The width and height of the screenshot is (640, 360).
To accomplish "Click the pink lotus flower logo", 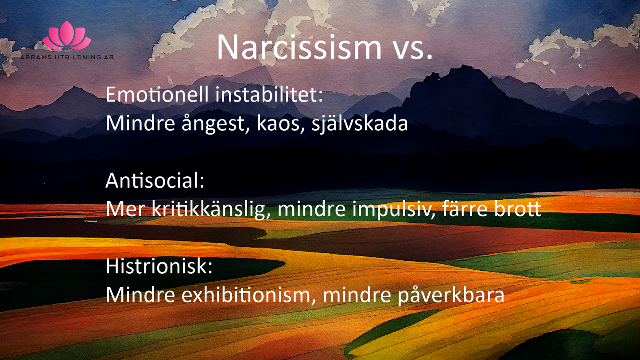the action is click(67, 35).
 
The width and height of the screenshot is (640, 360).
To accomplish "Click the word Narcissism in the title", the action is click(299, 46).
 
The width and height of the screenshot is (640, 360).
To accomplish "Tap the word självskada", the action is click(360, 124).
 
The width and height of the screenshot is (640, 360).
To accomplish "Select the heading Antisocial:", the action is click(155, 180).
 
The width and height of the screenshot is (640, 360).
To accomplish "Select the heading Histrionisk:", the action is click(159, 266).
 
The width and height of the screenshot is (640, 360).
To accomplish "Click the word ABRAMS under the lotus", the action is click(36, 57).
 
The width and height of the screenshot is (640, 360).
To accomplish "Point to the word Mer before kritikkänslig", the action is click(125, 209).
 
